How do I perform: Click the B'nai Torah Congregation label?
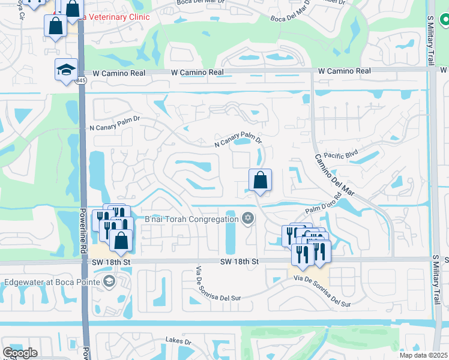click(191, 219)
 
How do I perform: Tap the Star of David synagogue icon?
click(247, 218)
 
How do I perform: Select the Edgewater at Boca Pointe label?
click(52, 281)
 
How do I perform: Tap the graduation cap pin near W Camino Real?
click(66, 70)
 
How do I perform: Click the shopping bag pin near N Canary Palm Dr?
click(260, 180)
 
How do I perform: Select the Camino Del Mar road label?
click(333, 175)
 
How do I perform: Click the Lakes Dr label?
click(178, 341)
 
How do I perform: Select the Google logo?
click(20, 353)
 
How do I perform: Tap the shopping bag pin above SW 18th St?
click(121, 240)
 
